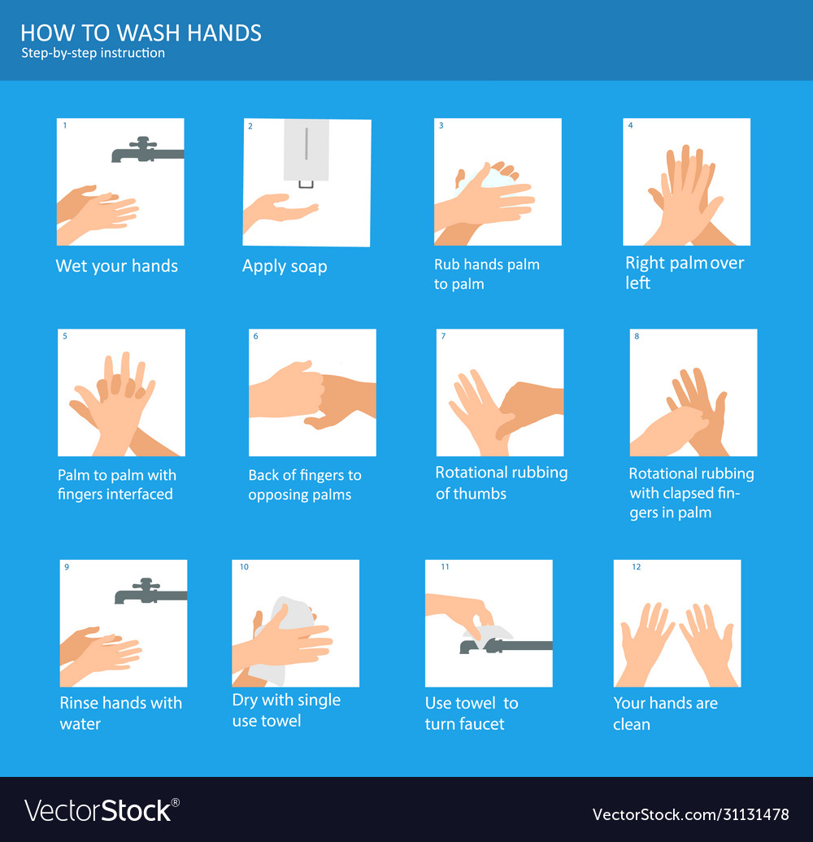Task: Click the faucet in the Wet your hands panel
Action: [x=146, y=151]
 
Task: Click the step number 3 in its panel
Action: [x=441, y=126]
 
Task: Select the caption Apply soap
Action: [x=285, y=266]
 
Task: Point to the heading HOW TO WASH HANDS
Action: [x=141, y=33]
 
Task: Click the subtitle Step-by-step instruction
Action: [x=93, y=54]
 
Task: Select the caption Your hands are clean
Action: [x=665, y=713]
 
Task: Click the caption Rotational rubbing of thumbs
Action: [x=501, y=483]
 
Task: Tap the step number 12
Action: [x=637, y=567]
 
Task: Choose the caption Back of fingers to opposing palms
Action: [x=305, y=485]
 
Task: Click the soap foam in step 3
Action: [x=488, y=177]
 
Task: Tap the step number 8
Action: [x=637, y=336]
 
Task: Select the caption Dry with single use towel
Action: [x=286, y=710]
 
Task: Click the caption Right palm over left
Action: [x=685, y=273]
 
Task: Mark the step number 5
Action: [x=64, y=336]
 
